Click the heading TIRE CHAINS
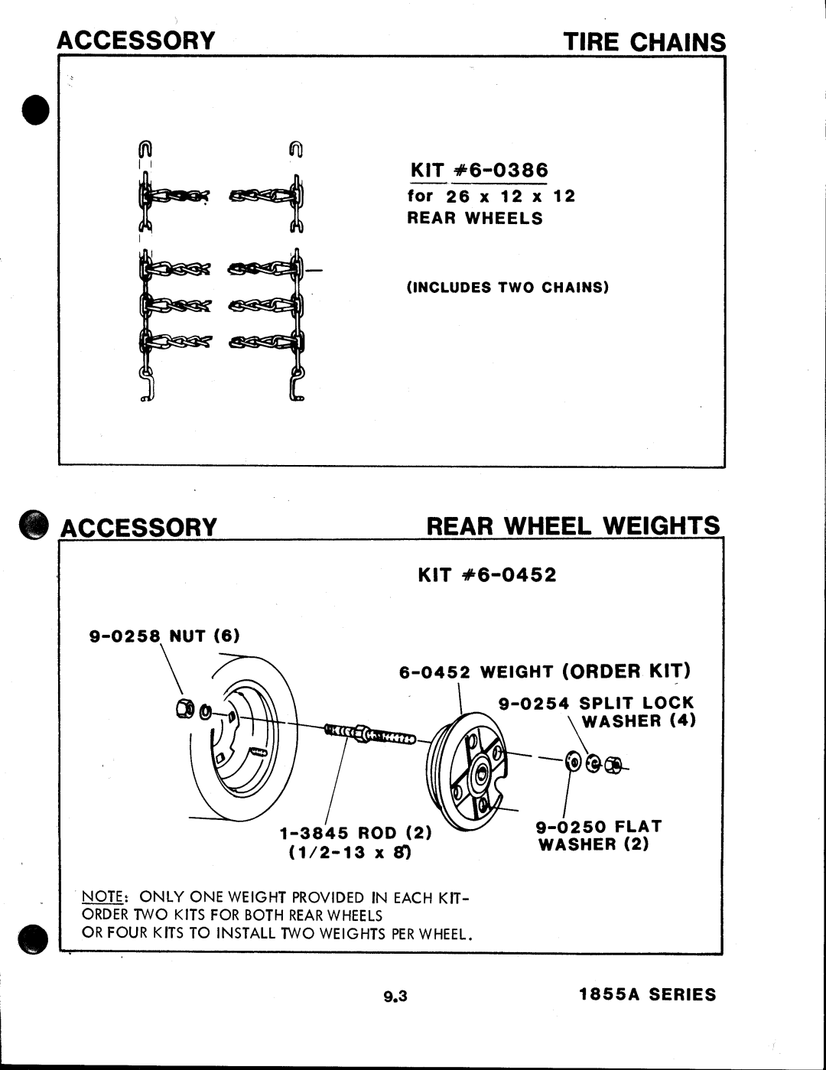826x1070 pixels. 644,41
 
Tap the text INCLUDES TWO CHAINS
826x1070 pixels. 507,288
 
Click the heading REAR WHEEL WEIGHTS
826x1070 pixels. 573,526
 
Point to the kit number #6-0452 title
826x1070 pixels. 487,574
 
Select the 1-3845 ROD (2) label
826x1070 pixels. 356,832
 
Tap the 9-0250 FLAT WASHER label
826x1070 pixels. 598,835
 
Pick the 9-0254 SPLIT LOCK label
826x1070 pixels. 597,703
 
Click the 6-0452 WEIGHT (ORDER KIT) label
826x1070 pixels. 545,672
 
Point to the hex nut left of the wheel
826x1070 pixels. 184,709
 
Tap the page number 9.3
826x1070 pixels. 395,996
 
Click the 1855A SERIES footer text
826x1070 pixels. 647,994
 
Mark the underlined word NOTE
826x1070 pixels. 98,897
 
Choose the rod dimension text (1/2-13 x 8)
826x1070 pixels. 351,852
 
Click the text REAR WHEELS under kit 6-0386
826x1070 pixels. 474,219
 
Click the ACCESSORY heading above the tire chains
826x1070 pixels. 137,41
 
